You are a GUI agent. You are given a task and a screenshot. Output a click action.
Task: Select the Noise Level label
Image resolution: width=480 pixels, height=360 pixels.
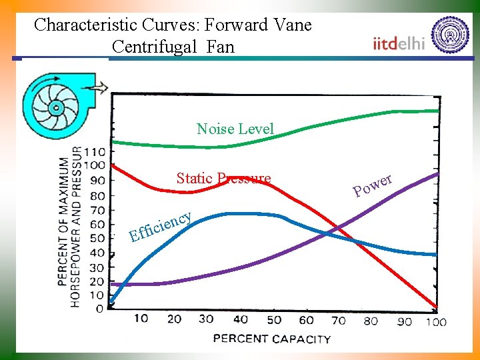(235, 129)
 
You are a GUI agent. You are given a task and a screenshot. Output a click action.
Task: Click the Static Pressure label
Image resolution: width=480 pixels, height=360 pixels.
(223, 178)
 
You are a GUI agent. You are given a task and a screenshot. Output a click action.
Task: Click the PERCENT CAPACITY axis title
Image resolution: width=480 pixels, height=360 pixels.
(271, 338)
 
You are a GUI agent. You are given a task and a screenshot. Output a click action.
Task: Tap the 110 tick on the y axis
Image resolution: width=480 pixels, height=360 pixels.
(95, 152)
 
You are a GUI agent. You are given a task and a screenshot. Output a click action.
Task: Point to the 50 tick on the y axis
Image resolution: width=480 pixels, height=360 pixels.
(97, 238)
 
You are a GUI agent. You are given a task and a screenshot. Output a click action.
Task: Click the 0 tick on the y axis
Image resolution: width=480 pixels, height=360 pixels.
(100, 309)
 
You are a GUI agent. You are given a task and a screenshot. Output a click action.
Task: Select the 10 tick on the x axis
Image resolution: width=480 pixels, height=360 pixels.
(141, 319)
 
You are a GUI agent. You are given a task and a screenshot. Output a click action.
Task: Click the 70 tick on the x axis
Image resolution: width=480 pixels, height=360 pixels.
(339, 320)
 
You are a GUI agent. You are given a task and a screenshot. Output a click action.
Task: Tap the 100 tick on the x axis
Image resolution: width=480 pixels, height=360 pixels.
(435, 322)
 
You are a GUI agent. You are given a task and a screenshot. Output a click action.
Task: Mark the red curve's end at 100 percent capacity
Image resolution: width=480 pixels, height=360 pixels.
(437, 307)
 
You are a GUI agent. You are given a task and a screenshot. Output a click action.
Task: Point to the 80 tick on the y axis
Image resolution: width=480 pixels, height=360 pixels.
(97, 195)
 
